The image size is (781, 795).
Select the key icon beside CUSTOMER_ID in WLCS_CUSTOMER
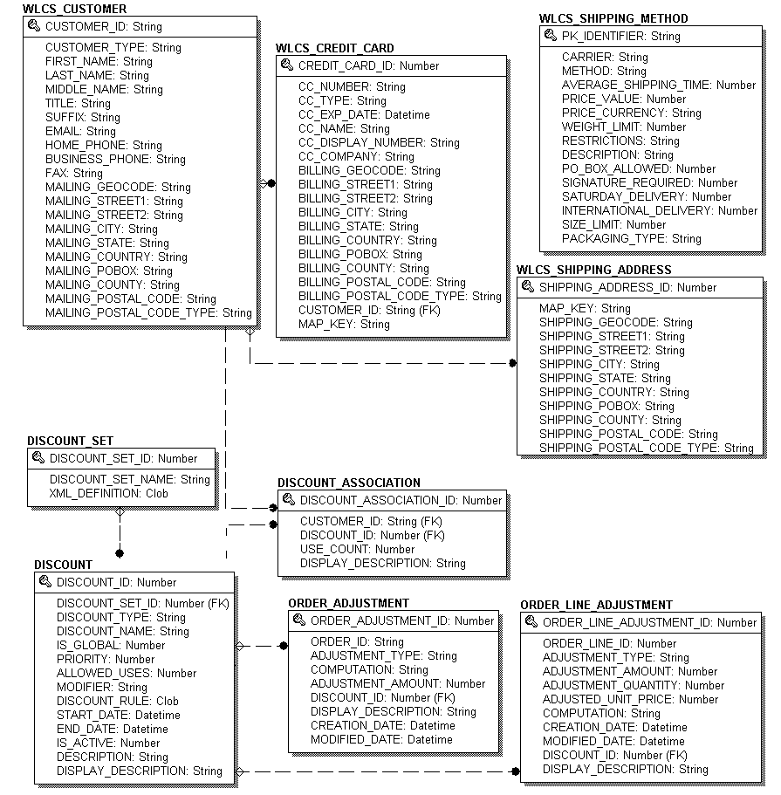(x=34, y=26)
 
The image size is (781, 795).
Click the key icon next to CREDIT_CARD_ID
(x=287, y=65)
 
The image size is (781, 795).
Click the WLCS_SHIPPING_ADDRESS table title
(x=594, y=270)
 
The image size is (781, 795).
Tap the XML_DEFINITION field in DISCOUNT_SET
(x=109, y=493)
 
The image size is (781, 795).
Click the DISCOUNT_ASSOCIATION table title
(x=349, y=483)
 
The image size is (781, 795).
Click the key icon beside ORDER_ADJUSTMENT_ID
(x=299, y=620)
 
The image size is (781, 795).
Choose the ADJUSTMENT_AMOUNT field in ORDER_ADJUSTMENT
(x=398, y=683)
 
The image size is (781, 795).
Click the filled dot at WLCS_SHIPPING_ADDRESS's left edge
(x=514, y=363)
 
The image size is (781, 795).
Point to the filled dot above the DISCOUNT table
(x=120, y=552)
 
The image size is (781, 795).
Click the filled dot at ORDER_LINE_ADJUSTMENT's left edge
(x=516, y=771)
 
